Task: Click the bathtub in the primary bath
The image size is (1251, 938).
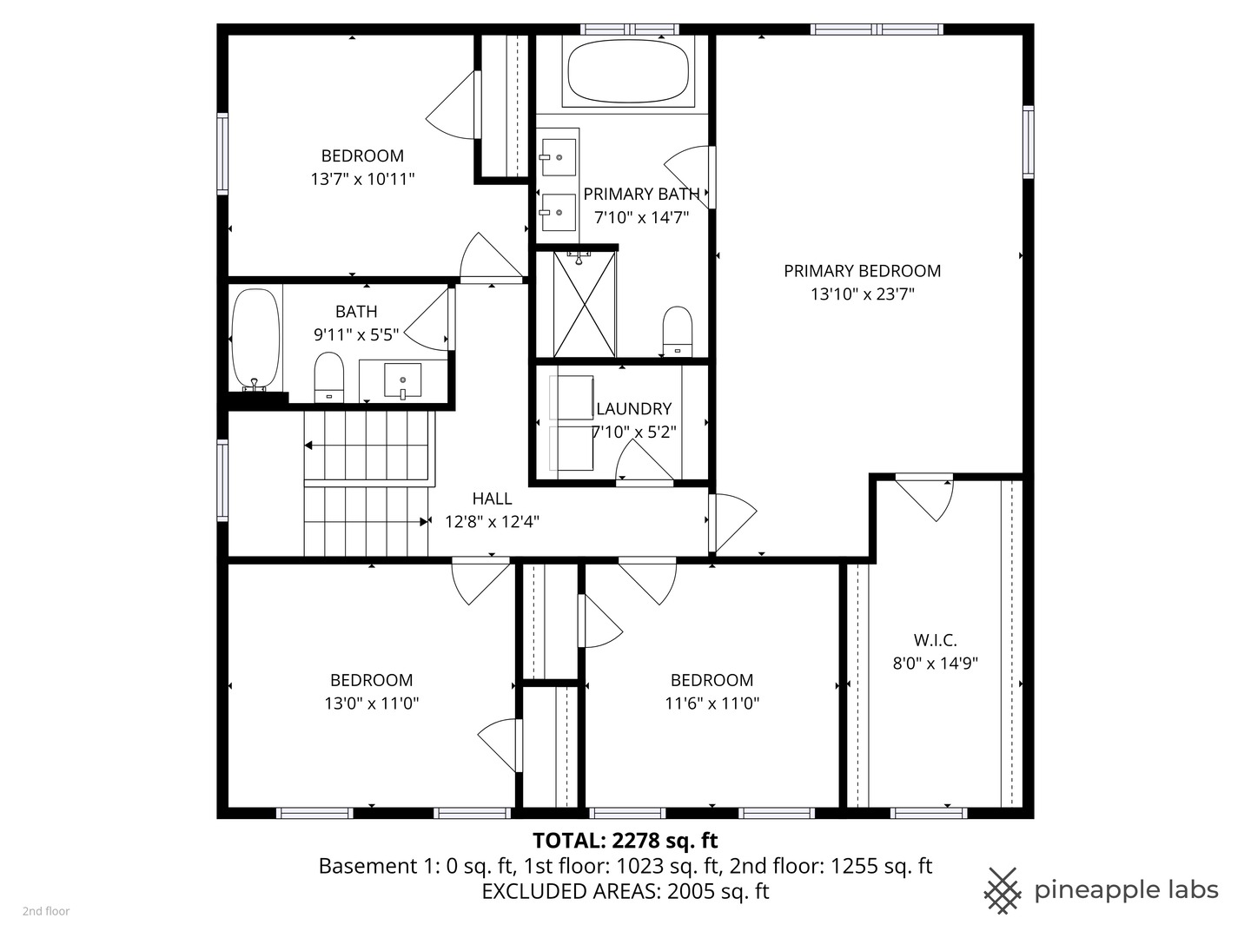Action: pyautogui.click(x=627, y=72)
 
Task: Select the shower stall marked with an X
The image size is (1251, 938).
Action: pyautogui.click(x=584, y=304)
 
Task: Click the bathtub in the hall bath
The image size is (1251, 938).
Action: pyautogui.click(x=255, y=340)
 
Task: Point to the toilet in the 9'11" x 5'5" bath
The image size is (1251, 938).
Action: pyautogui.click(x=328, y=377)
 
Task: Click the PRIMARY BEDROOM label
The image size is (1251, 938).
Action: pyautogui.click(x=862, y=271)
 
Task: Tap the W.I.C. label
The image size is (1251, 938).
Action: pyautogui.click(x=935, y=640)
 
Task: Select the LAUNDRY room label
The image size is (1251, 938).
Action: pyautogui.click(x=633, y=408)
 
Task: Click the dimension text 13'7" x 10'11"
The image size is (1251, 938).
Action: pyautogui.click(x=362, y=179)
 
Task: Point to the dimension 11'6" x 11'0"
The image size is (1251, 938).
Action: pyautogui.click(x=712, y=703)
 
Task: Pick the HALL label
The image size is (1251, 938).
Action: pyautogui.click(x=492, y=499)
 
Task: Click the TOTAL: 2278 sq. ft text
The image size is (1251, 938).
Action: pyautogui.click(x=625, y=840)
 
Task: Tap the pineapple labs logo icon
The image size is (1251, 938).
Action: pyautogui.click(x=1002, y=890)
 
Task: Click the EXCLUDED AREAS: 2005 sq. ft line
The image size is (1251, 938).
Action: pyautogui.click(x=625, y=891)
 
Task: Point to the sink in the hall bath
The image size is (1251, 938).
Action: pyautogui.click(x=402, y=380)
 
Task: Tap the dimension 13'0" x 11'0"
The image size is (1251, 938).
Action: pyautogui.click(x=371, y=703)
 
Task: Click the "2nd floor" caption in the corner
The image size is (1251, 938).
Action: pyautogui.click(x=45, y=911)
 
